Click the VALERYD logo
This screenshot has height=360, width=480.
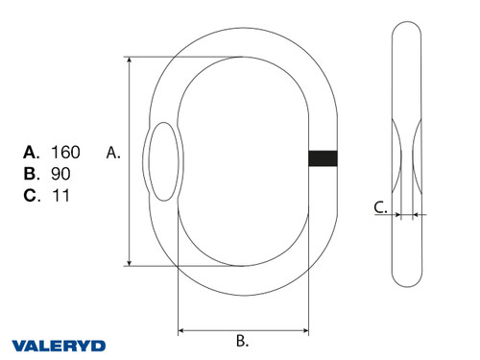59,345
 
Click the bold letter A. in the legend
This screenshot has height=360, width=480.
31,152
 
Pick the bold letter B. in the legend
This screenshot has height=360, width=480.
31,174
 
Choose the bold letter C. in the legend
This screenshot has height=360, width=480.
31,196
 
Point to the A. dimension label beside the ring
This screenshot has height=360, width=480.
112,152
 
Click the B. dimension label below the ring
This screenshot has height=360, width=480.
243,340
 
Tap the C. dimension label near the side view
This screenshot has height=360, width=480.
380,205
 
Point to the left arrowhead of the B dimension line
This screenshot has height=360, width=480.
182,331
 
